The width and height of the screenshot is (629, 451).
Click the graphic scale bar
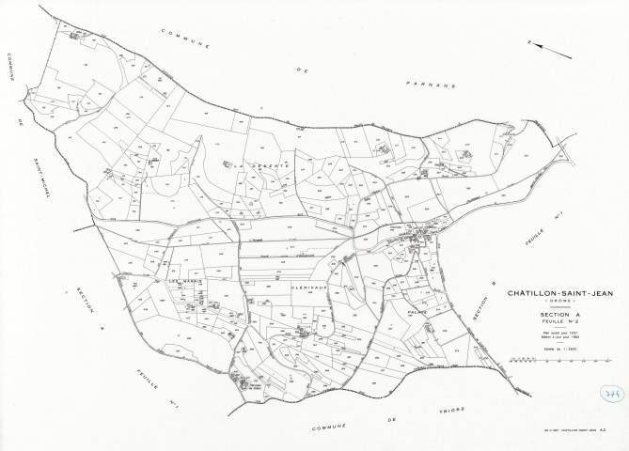coord(539,359)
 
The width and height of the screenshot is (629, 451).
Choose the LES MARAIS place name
coord(185,280)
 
